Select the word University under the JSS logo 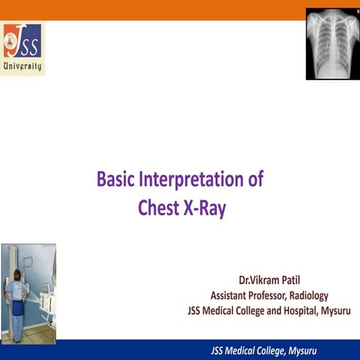point(22,66)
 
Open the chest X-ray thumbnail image point(331,43)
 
